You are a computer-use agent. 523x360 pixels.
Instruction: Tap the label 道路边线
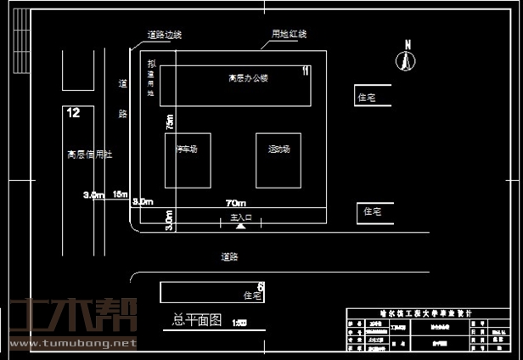(x=164, y=35)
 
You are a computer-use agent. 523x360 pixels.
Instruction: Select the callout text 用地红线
(x=289, y=34)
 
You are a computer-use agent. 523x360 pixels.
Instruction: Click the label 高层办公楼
(x=248, y=78)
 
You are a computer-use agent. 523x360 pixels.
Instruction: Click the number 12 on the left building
(x=73, y=112)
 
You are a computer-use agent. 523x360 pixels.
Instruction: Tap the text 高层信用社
(x=90, y=155)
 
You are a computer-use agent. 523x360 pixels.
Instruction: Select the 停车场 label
(x=187, y=149)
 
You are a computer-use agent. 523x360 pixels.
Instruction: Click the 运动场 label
(x=278, y=149)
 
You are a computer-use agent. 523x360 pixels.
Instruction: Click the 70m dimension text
(x=236, y=204)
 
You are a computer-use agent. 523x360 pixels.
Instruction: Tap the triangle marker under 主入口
(x=241, y=227)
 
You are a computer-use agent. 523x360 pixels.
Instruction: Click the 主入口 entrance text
(x=242, y=218)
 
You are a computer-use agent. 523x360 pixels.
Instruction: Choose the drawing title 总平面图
(x=196, y=320)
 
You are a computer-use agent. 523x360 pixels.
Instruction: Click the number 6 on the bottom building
(x=261, y=287)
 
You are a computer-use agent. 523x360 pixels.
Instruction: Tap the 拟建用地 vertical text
(x=151, y=78)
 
